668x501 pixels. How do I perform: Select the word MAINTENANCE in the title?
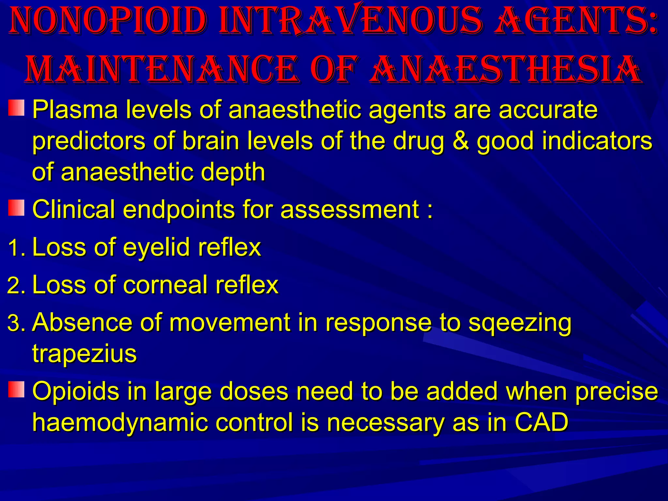[x=161, y=69]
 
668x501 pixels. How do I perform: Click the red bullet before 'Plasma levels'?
[x=16, y=108]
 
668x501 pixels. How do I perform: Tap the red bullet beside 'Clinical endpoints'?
[x=16, y=208]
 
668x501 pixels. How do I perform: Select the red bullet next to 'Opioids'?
[x=16, y=389]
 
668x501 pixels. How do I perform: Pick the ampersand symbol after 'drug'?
[x=460, y=141]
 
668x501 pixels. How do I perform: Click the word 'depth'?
[x=233, y=173]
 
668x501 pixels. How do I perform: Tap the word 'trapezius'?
[x=84, y=354]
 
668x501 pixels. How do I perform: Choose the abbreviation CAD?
[x=541, y=422]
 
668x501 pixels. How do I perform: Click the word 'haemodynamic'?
[x=120, y=423]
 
